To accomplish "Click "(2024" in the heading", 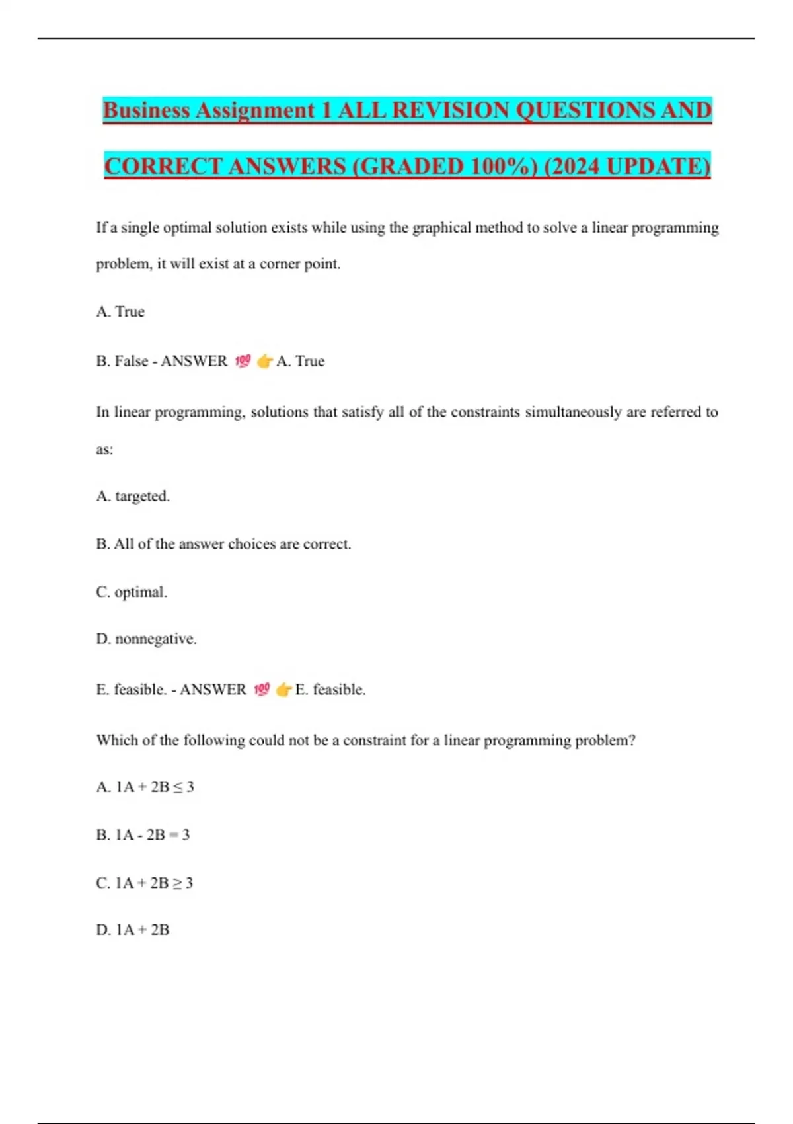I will pyautogui.click(x=571, y=166).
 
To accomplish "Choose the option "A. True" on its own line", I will pyautogui.click(x=120, y=312).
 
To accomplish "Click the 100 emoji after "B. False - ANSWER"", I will pyautogui.click(x=243, y=361).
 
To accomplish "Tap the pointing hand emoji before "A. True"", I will pyautogui.click(x=265, y=361).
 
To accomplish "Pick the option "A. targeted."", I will pyautogui.click(x=133, y=496).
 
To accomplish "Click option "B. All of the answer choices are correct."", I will pyautogui.click(x=223, y=544).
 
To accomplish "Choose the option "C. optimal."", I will pyautogui.click(x=132, y=592).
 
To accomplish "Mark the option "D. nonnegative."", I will pyautogui.click(x=146, y=639).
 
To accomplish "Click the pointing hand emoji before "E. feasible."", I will pyautogui.click(x=283, y=690).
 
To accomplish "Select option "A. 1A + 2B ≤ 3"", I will pyautogui.click(x=145, y=787).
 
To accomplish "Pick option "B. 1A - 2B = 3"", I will pyautogui.click(x=143, y=835).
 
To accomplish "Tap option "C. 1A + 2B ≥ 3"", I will pyautogui.click(x=144, y=883).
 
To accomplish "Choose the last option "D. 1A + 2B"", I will pyautogui.click(x=133, y=930).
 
